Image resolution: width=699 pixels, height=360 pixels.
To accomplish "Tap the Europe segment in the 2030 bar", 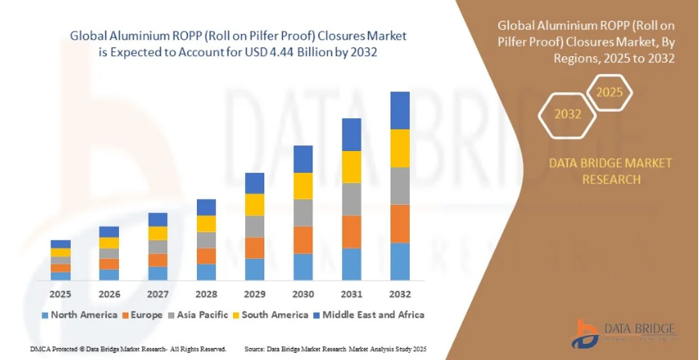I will tap(303, 239).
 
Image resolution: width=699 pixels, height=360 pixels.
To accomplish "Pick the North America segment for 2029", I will tap(255, 269).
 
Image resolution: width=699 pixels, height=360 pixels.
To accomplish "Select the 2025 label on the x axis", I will tap(61, 294).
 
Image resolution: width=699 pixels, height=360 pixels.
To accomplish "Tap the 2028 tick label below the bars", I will tap(206, 294).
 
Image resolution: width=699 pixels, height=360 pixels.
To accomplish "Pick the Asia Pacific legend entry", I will tap(196, 314).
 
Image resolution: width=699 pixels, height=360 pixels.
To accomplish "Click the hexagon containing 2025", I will tap(610, 92).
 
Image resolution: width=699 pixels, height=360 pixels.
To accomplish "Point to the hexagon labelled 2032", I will tap(568, 114).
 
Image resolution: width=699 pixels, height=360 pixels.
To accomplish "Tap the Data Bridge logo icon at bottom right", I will tap(587, 333).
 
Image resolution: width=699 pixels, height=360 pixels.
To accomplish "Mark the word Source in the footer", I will tap(255, 350).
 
